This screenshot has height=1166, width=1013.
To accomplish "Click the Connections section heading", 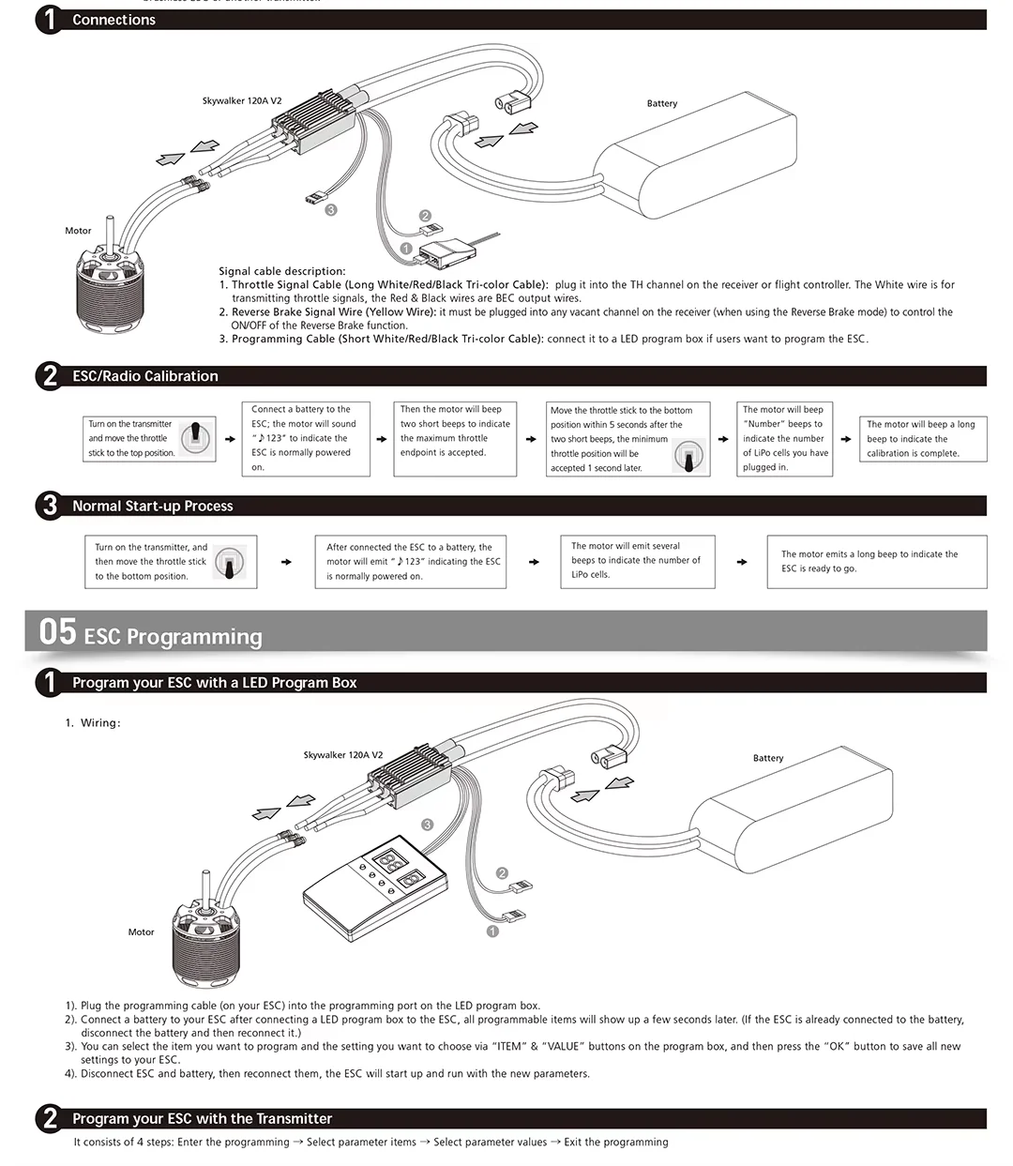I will coord(113,20).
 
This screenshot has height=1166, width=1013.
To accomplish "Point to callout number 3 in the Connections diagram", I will coord(330,210).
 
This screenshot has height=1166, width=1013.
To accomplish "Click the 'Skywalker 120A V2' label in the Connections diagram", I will coord(242,101).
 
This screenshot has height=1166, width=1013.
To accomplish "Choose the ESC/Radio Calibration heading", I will coord(144,376).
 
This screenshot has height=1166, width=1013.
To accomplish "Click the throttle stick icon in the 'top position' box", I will coord(196,438).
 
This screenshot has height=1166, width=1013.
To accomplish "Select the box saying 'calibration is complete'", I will coord(923,439).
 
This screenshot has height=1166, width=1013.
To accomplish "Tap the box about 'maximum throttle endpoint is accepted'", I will coord(456,438).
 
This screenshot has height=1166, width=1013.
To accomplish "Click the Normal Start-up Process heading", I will coord(152,507).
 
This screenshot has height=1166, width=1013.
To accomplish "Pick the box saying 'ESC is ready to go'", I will coord(877,562).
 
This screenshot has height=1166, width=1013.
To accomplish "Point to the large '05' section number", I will coord(57,632).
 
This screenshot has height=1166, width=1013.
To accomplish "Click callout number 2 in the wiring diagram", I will coord(502,873).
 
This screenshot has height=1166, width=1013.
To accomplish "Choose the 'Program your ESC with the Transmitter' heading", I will coord(202,1119).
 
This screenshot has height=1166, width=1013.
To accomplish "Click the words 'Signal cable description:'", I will coord(282,271).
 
